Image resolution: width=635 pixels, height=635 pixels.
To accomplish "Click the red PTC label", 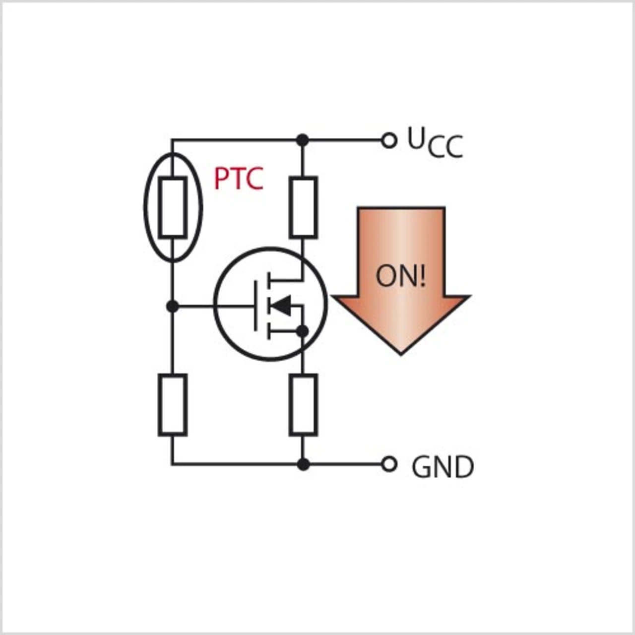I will tap(238, 179).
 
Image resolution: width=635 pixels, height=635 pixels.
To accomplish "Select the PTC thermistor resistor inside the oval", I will tap(173, 207).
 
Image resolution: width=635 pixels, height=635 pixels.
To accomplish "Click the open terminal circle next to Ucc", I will tap(389, 141).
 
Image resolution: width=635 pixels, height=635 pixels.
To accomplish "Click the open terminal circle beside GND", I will tap(389, 464).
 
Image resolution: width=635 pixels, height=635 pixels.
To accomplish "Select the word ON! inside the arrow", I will tap(400, 276).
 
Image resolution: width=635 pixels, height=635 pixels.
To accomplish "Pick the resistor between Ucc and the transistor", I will tap(303, 207).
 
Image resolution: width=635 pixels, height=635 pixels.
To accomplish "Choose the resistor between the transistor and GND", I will tap(303, 405).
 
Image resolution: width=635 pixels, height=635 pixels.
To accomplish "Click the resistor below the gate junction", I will tap(173, 405).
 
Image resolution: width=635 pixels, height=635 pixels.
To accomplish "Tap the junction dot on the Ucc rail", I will tap(302, 140).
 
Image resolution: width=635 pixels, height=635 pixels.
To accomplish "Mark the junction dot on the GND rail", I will tap(303, 464).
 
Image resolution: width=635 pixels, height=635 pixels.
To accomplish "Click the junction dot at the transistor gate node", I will tap(172, 306).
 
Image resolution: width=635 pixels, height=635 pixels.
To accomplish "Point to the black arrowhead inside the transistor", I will tap(282, 306).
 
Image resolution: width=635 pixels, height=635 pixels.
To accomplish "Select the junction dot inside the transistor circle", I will tap(302, 331).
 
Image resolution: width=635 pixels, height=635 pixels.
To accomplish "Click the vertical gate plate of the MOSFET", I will tap(256, 305).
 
